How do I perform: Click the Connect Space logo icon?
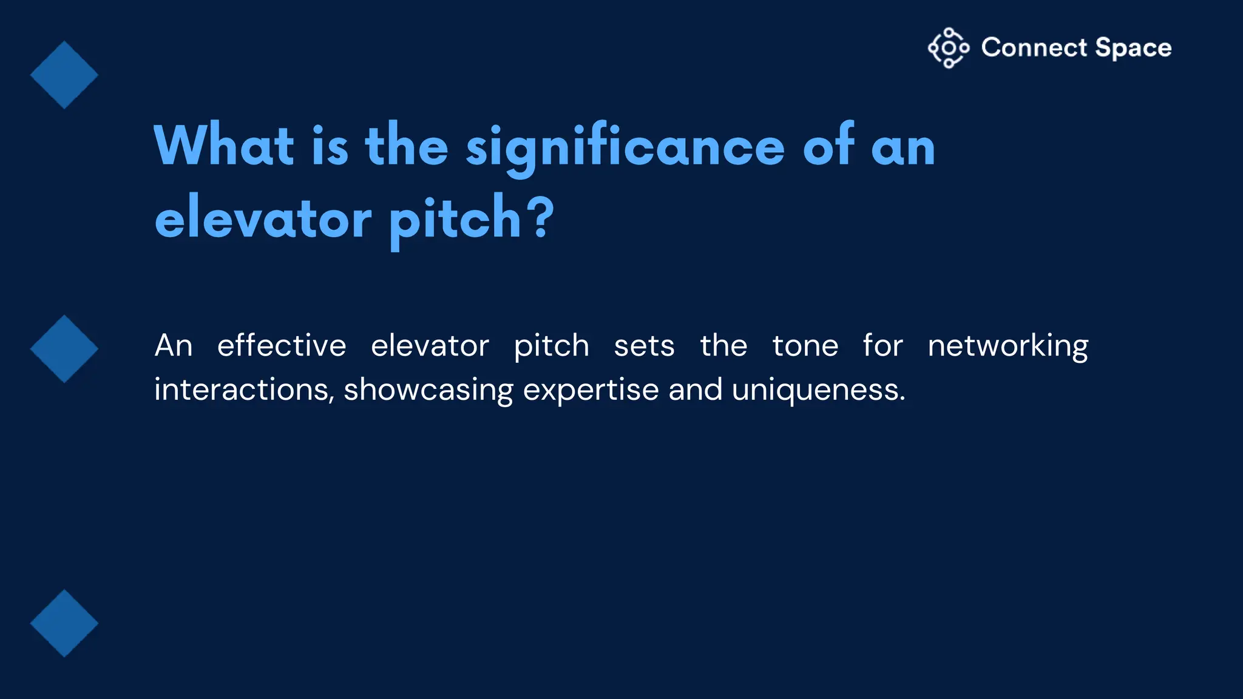948,48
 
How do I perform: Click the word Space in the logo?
1133,48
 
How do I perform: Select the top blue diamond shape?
64,75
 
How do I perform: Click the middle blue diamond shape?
64,349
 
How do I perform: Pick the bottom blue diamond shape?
64,623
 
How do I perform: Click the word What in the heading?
224,146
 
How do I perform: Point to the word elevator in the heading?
263,218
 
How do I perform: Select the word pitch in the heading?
455,220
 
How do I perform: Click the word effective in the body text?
282,346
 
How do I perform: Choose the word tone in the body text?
805,346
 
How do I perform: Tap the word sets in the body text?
644,346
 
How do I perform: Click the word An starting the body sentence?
174,346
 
